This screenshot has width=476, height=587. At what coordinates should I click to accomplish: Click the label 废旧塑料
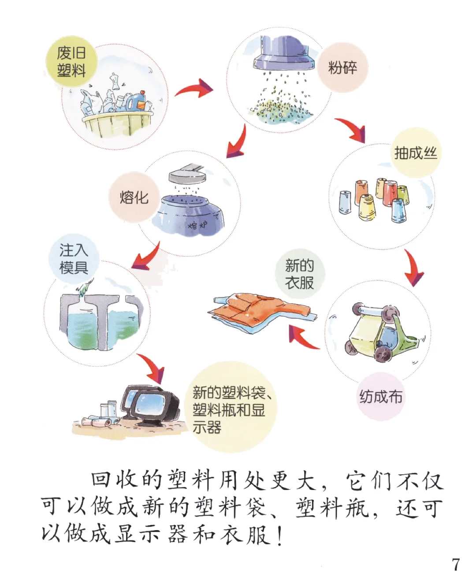point(71,62)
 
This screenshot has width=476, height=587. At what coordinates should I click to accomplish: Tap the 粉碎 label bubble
point(342,68)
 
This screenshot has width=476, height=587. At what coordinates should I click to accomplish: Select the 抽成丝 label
point(415,153)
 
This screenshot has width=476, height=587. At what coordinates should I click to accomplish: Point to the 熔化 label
point(134,197)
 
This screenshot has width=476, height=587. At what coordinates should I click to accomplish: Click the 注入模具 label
point(74,259)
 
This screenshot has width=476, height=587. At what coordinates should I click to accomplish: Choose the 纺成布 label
point(381,397)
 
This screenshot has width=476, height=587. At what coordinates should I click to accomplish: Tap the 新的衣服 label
point(300,274)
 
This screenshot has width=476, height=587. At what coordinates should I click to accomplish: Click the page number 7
point(456,565)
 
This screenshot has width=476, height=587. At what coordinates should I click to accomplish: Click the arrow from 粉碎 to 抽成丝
point(351,130)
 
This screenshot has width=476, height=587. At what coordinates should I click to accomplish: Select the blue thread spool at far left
point(345,203)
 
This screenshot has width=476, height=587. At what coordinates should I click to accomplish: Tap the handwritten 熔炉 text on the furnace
point(197,225)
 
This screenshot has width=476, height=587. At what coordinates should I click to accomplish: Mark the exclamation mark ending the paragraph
point(280,535)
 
